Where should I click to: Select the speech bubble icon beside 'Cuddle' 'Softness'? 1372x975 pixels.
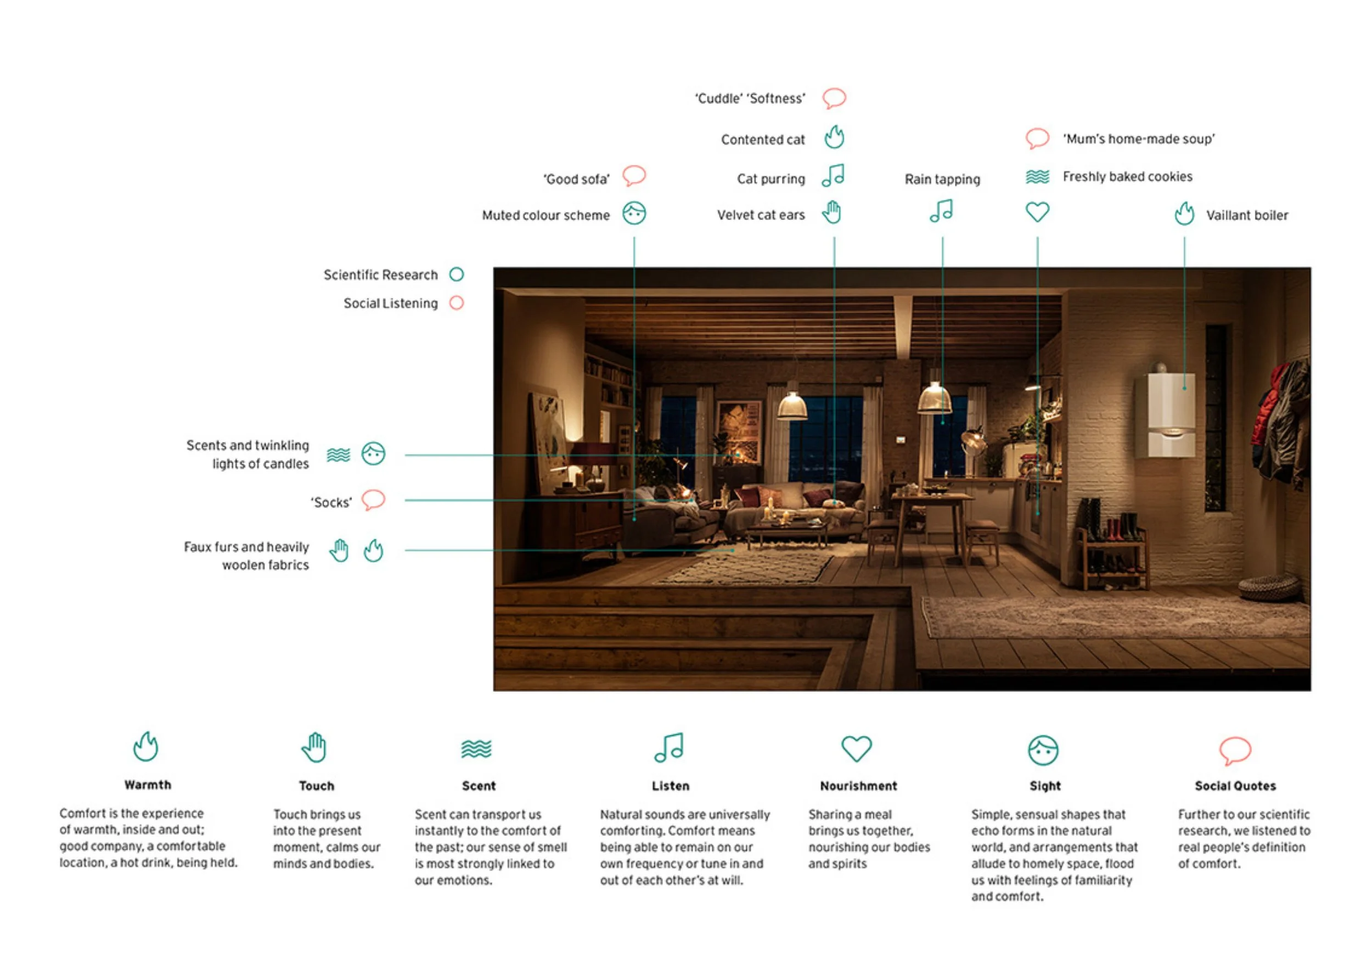tap(834, 98)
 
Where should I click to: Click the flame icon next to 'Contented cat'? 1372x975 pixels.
tap(834, 137)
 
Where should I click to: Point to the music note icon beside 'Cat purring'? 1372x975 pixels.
tap(833, 176)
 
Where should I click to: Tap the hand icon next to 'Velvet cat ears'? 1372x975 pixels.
tap(832, 212)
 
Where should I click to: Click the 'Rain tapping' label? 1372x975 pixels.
tap(942, 180)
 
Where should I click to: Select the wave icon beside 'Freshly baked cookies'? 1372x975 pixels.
tap(1037, 177)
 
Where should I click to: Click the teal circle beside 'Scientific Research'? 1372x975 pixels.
tap(457, 274)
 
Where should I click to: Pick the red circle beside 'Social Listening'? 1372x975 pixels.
tap(457, 302)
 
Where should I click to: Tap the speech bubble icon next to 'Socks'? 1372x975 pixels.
tap(373, 500)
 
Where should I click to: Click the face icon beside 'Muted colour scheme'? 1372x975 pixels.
tap(634, 213)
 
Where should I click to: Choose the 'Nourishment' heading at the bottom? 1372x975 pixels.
tap(858, 786)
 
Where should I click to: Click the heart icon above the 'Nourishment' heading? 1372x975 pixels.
tap(856, 749)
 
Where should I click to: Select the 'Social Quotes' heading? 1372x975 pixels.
tap(1235, 786)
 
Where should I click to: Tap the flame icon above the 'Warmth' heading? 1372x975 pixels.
tap(146, 747)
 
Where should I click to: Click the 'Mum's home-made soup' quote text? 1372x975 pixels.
tap(1139, 139)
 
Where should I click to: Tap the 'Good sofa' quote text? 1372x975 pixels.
tap(576, 180)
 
